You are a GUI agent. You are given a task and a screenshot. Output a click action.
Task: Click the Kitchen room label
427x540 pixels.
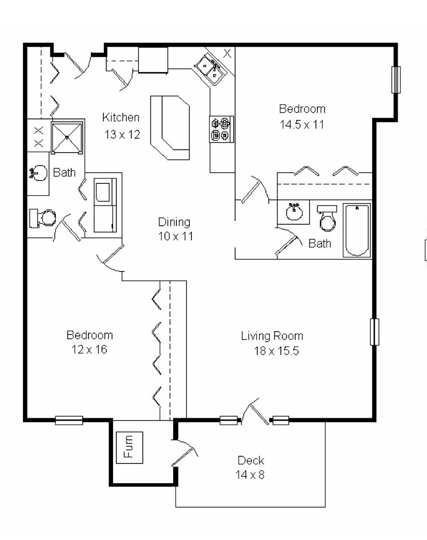point(121,117)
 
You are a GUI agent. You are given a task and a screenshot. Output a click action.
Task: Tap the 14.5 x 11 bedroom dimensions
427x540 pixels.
point(301,124)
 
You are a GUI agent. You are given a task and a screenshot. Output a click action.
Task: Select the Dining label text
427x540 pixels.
point(174,222)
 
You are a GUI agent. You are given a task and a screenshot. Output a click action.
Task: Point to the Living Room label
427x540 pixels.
point(272,336)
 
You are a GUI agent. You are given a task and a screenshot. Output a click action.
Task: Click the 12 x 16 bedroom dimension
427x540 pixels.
point(89,350)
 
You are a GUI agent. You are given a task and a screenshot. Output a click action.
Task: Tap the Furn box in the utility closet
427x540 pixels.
point(129,447)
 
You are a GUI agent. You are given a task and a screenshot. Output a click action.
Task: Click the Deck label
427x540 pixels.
point(251,460)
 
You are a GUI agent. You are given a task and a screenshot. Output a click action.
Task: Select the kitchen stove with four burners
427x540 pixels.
point(221,129)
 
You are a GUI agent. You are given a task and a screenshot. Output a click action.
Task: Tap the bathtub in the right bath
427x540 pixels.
point(357,230)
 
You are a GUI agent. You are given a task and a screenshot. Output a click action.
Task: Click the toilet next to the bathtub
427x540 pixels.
point(327,219)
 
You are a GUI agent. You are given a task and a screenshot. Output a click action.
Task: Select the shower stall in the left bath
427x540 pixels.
point(67,138)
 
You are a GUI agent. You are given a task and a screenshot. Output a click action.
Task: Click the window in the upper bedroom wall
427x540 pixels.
point(396,79)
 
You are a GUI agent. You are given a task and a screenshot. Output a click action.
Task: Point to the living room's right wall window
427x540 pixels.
point(374,332)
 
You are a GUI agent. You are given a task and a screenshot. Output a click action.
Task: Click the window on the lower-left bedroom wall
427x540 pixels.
point(69,420)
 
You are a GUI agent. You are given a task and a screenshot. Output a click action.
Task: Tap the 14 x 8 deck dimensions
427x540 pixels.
point(250,475)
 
